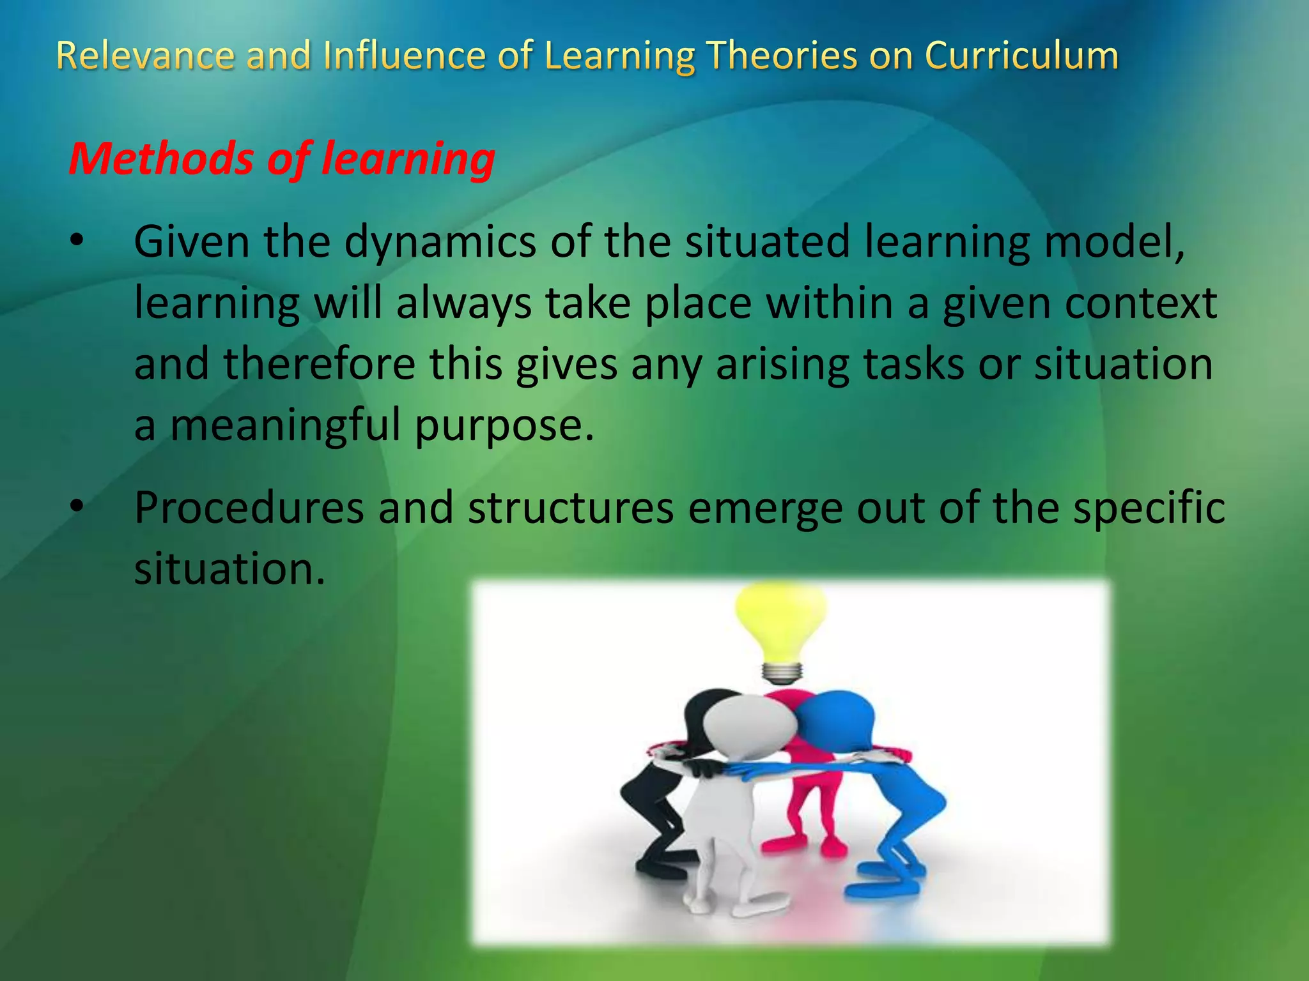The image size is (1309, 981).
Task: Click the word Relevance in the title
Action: (146, 56)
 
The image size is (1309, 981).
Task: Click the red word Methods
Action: (161, 158)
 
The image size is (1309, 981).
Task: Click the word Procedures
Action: (249, 508)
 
